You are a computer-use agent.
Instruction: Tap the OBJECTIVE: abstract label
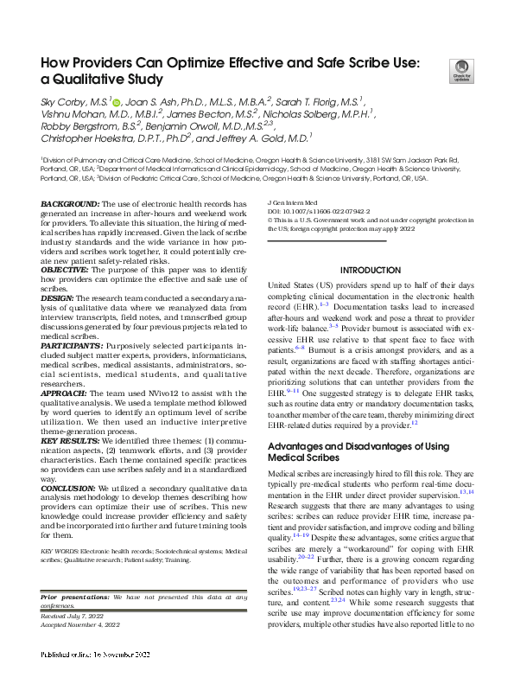pyautogui.click(x=69, y=270)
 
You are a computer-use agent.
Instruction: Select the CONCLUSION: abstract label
pyautogui.click(x=73, y=489)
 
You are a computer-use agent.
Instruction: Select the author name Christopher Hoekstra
pyautogui.click(x=90, y=137)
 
